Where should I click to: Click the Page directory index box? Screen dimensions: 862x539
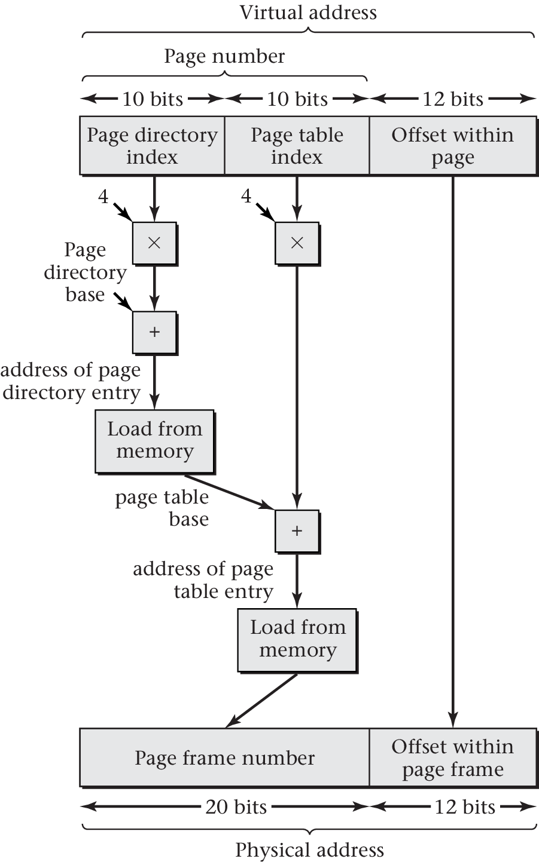[x=152, y=146]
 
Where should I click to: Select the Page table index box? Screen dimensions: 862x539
[x=297, y=146]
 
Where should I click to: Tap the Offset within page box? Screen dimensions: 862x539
[x=452, y=146]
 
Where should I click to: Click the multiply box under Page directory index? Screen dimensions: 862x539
[x=154, y=243]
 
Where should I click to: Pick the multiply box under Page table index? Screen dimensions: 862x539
[x=297, y=243]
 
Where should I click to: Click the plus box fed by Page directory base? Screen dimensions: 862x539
[x=154, y=332]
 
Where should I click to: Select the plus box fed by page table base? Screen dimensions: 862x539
[x=297, y=531]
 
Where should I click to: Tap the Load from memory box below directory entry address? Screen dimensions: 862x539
[x=154, y=441]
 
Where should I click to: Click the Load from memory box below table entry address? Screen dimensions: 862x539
[x=297, y=640]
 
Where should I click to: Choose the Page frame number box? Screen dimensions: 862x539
[x=224, y=757]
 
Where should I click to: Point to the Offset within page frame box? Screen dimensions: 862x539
[x=452, y=757]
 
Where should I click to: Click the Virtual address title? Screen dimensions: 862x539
[x=308, y=13]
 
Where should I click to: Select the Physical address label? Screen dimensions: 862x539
[x=309, y=849]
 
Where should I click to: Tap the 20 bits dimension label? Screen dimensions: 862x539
[x=236, y=807]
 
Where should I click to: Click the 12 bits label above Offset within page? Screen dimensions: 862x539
[x=453, y=99]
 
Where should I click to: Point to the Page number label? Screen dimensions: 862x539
[x=224, y=56]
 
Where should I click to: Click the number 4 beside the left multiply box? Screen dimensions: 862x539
[x=103, y=196]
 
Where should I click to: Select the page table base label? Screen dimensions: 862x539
[x=162, y=508]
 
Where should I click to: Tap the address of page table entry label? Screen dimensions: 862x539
[x=203, y=580]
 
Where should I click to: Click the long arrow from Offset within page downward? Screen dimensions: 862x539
[x=453, y=448]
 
